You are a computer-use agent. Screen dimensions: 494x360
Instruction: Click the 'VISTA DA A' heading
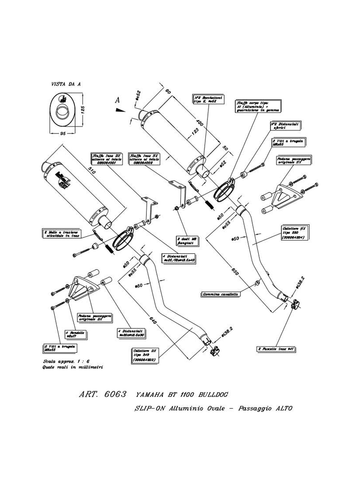66,84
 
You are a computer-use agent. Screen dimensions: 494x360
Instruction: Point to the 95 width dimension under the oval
63,134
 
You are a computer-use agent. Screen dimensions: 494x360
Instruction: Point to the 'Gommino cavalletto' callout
221,294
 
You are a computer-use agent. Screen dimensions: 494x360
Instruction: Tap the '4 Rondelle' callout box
76,334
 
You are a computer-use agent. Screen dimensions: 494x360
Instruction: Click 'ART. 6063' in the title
102,395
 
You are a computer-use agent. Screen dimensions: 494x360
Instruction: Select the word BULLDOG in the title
210,395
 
